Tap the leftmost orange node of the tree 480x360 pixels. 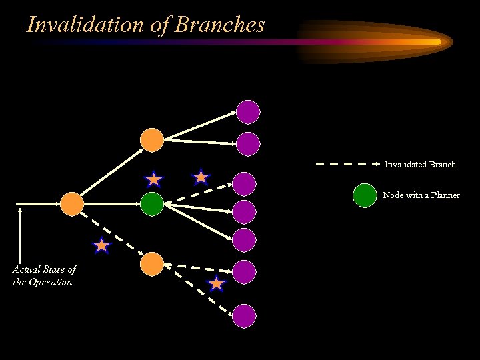click(72, 203)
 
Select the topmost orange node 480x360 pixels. click(152, 139)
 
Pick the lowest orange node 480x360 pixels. click(152, 264)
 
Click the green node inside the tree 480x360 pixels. click(152, 203)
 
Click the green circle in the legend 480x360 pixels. click(364, 195)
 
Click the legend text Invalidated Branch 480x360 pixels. click(420, 164)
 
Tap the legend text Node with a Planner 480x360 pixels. click(421, 195)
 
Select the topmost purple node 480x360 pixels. click(247, 111)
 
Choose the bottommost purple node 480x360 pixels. click(245, 315)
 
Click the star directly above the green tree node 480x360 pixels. click(154, 179)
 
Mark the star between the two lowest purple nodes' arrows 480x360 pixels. click(217, 285)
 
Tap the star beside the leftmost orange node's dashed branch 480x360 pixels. click(101, 246)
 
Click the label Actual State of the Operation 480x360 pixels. click(43, 275)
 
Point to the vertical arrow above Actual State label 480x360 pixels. click(21, 233)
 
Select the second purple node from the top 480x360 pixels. click(247, 143)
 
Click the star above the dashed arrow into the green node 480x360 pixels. click(201, 177)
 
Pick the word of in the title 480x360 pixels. click(162, 25)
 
